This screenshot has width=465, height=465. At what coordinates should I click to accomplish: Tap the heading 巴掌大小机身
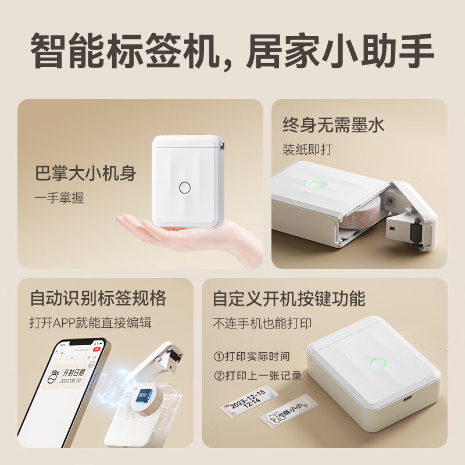pos(85,174)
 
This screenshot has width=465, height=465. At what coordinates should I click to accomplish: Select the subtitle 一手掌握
pos(59,198)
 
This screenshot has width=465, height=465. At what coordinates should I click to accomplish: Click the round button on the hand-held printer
pos(185,188)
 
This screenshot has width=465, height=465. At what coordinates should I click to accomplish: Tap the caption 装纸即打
pos(307,149)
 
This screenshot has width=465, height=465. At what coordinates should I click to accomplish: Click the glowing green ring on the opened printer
pos(317,185)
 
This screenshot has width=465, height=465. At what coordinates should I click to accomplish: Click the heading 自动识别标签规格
pos(98,299)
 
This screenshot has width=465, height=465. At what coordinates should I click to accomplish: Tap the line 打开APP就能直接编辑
pos(90,322)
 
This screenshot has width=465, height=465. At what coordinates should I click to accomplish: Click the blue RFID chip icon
pos(142,395)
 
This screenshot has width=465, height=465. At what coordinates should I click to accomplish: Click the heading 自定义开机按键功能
pos(289,299)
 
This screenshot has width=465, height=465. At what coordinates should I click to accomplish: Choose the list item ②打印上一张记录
pos(257,375)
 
